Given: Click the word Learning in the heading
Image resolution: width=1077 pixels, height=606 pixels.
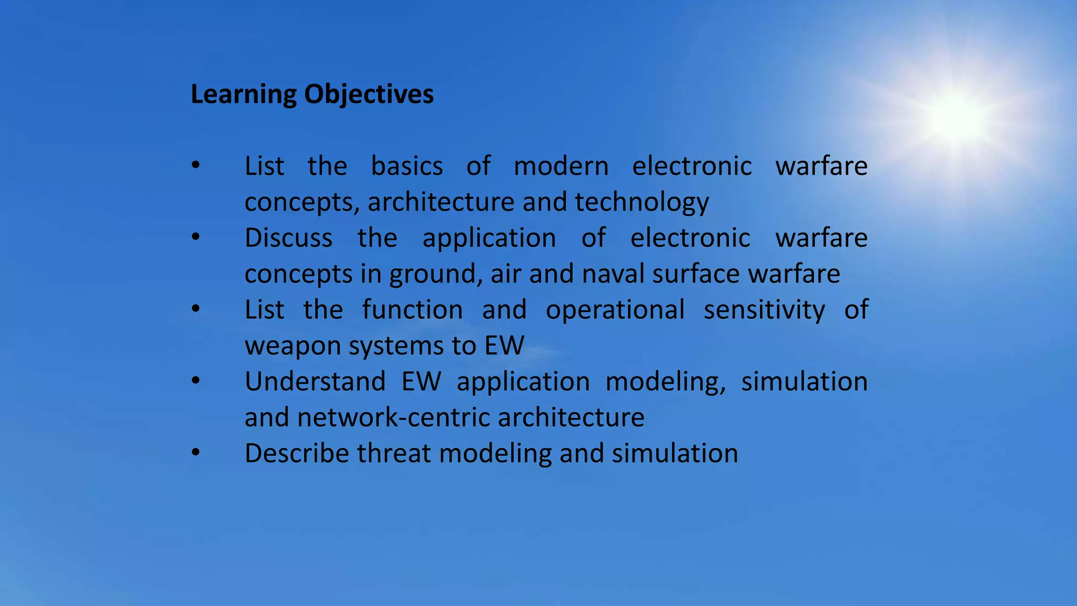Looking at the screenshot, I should tap(243, 95).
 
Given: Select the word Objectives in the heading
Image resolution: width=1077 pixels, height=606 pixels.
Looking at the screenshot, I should tap(369, 95).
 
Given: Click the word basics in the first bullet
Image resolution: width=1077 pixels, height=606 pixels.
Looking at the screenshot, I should tap(407, 166).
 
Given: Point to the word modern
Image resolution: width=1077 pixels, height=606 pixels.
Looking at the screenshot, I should tap(561, 166).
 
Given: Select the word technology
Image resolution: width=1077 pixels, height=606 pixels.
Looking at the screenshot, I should tap(642, 203).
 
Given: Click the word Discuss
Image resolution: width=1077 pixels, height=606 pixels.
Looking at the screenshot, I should tap(289, 238).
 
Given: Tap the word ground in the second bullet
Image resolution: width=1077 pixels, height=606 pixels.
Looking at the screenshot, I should tap(432, 274).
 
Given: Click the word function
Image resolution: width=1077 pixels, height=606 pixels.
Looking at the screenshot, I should tap(412, 310).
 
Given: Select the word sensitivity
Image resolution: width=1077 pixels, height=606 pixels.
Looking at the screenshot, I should tap(764, 310).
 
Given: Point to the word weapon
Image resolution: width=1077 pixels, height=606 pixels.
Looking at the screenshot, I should tap(292, 346).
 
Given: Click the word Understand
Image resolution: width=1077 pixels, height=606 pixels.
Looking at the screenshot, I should tap(315, 381).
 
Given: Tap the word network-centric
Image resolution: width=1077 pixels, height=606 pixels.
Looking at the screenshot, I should tap(393, 418).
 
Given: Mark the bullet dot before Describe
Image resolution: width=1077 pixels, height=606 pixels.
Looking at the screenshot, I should tap(196, 452).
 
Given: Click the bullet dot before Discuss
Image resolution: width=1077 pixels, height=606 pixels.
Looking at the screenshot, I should tap(196, 237).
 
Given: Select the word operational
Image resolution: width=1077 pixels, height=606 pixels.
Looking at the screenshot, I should tap(615, 310).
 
